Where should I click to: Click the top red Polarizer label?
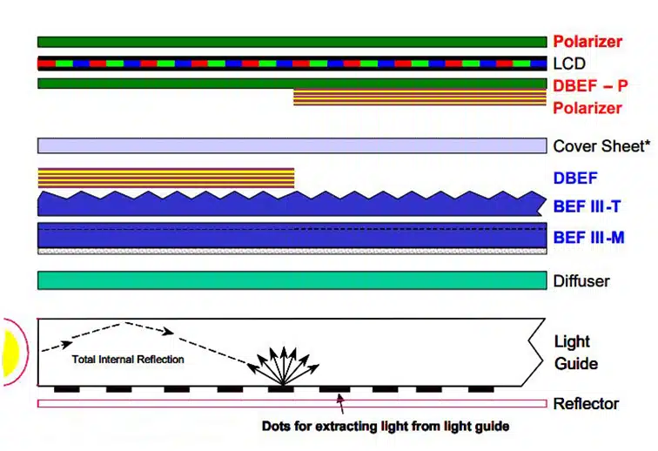587,41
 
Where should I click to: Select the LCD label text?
569,64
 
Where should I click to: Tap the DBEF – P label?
590,85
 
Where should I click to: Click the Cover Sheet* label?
601,146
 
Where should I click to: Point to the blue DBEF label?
575,178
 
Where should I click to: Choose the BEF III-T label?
587,206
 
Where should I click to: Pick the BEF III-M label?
589,238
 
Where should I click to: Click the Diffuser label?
581,281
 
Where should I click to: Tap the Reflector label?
586,403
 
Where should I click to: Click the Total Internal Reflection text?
128,360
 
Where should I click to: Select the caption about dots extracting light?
386,427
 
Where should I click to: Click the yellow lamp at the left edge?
10,353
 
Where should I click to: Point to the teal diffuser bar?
292,280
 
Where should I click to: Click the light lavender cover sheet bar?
292,145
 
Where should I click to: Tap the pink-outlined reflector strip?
292,403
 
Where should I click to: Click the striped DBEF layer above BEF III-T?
166,178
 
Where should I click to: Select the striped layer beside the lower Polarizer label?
420,97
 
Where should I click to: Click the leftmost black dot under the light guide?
67,390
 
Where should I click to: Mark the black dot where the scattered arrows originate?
281,390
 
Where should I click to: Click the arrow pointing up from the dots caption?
341,404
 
